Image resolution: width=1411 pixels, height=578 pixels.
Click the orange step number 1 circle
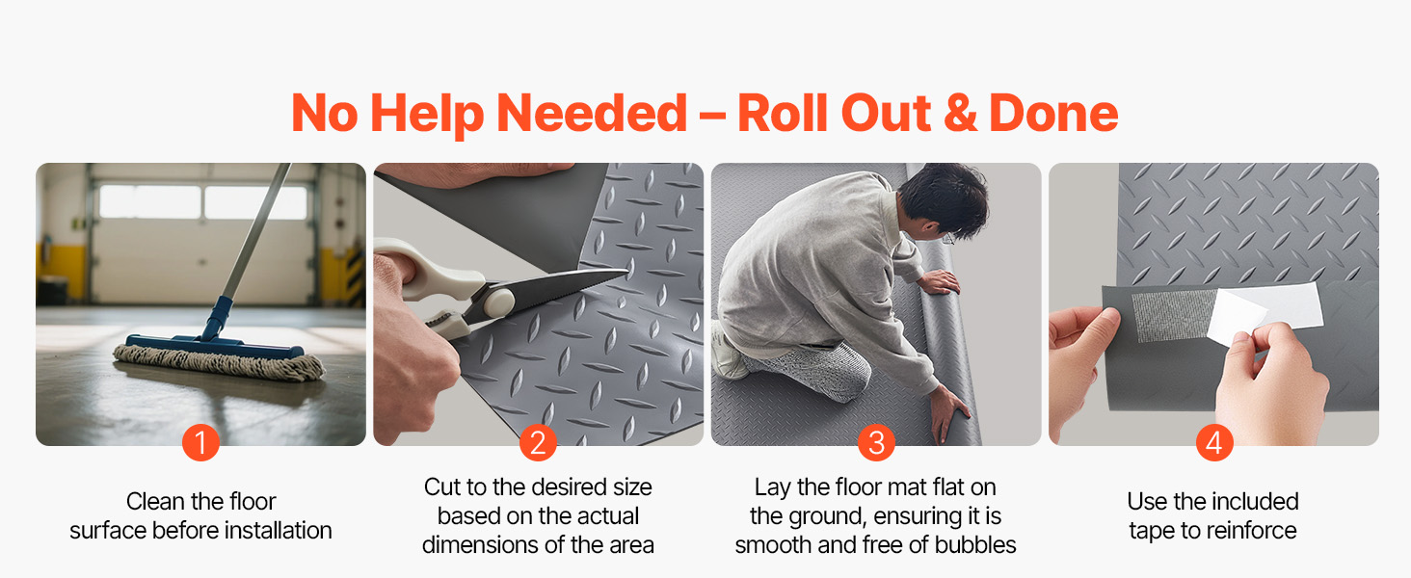200,442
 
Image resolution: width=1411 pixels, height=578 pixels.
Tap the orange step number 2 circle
538,442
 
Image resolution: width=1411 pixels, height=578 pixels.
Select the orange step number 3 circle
876,442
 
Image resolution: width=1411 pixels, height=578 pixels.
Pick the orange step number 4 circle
1213,442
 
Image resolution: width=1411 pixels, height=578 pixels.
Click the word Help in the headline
427,115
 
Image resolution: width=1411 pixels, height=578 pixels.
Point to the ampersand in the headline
961,114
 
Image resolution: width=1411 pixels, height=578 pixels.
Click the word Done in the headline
1053,114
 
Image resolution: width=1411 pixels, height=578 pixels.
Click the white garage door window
202,201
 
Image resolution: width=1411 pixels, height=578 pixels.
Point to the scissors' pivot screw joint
497,302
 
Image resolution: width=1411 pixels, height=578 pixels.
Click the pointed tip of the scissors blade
627,272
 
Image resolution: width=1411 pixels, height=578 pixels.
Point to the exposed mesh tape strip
1172,316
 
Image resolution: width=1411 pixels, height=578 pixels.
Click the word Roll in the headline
784,114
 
